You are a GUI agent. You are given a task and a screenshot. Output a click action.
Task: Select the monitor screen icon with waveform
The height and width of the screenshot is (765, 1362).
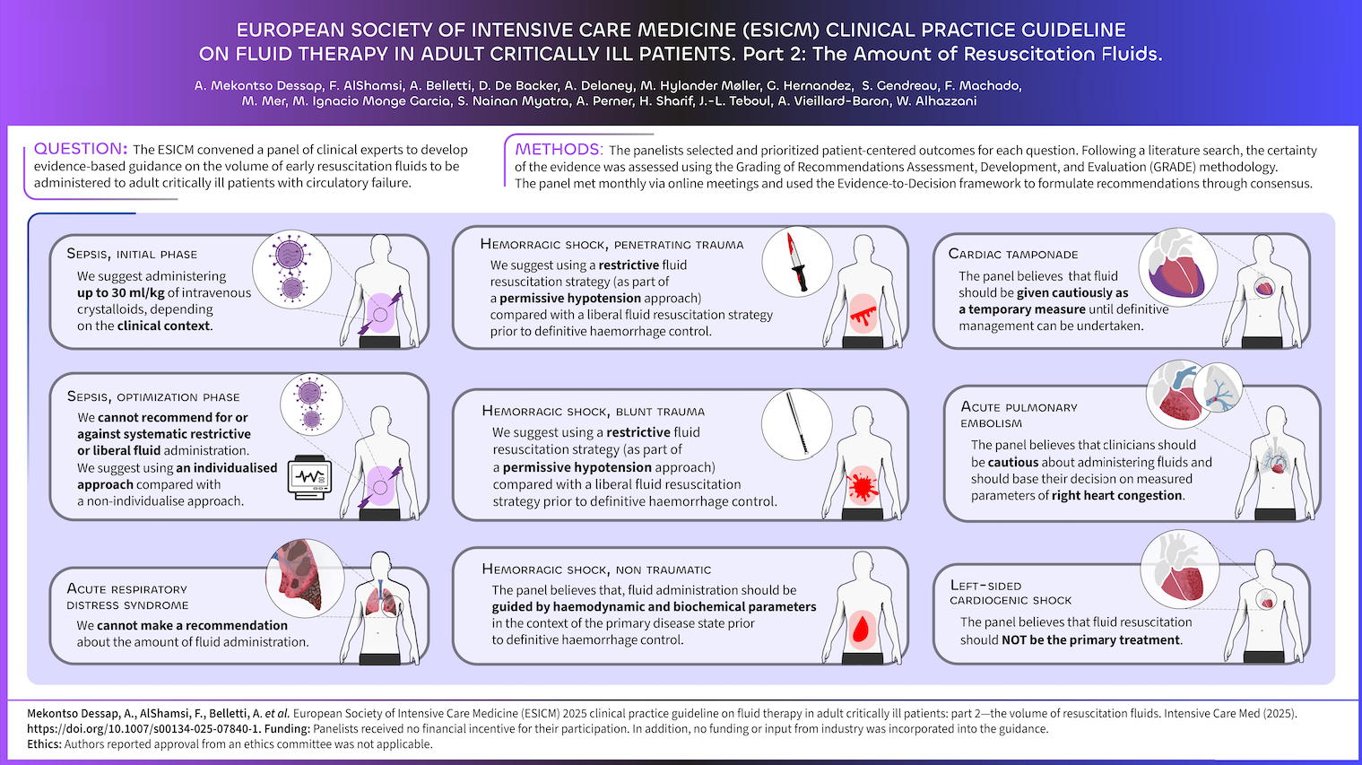310,476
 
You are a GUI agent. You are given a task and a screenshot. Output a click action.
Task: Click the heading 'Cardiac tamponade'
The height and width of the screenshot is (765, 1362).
1013,254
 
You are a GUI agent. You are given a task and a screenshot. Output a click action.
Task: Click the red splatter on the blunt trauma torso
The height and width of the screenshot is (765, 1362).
863,485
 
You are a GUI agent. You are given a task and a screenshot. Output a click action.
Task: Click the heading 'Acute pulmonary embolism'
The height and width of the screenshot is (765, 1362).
1019,414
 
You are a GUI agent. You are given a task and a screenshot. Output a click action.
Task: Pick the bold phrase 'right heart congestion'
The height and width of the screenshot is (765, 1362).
1117,495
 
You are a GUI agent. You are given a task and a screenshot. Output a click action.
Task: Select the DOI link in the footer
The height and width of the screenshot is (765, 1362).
143,729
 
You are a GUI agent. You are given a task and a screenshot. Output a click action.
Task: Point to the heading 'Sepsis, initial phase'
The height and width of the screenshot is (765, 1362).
132,254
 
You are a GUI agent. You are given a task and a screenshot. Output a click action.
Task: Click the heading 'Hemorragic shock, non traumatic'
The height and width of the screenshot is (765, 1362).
596,569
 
